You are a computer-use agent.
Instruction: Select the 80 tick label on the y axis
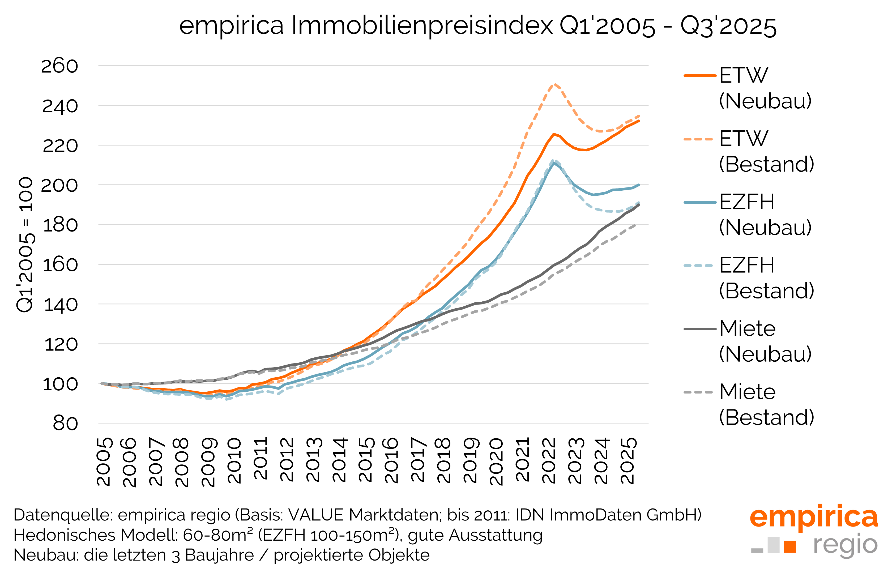pyautogui.click(x=65, y=424)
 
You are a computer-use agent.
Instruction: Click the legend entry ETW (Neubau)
pyautogui.click(x=764, y=88)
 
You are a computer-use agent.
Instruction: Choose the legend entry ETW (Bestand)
pyautogui.click(x=766, y=151)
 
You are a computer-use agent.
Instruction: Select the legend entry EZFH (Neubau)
pyautogui.click(x=764, y=215)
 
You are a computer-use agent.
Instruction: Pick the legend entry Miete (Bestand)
pyautogui.click(x=766, y=405)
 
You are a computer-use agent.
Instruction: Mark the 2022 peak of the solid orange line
pyautogui.click(x=553, y=134)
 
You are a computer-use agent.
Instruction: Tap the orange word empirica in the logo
pyautogui.click(x=813, y=517)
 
